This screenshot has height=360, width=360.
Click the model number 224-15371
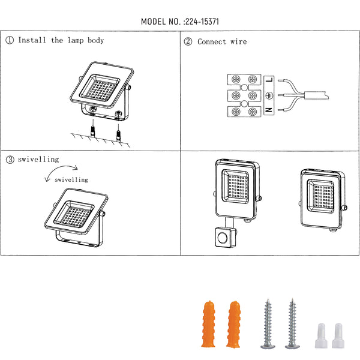[x=202, y=22]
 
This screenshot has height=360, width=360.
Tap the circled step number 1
[x=10, y=40]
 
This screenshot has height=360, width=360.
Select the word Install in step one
[x=32, y=40]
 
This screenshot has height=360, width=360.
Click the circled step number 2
[x=188, y=41]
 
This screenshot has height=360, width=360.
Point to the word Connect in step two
[x=212, y=42]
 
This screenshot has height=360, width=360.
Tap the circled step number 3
[x=10, y=160]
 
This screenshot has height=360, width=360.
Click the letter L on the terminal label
[x=269, y=80]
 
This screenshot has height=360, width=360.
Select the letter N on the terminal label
[x=269, y=110]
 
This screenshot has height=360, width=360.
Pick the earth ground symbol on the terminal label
[x=269, y=95]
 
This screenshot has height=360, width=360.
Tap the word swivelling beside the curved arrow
[x=71, y=179]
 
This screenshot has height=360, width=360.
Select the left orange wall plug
[x=208, y=324]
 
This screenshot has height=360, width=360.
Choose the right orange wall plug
[x=233, y=324]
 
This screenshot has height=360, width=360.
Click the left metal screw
[x=268, y=324]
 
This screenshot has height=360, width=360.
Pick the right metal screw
[x=292, y=324]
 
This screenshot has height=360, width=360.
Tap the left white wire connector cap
[x=321, y=335]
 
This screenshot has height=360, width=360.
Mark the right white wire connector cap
[x=338, y=335]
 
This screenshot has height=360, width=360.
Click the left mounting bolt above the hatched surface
[x=92, y=132]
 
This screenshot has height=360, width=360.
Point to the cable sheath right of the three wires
[x=316, y=95]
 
